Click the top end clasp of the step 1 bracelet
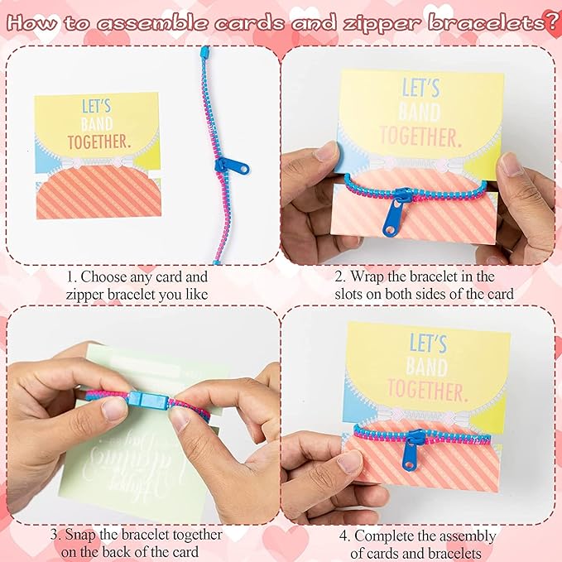(204, 55)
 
